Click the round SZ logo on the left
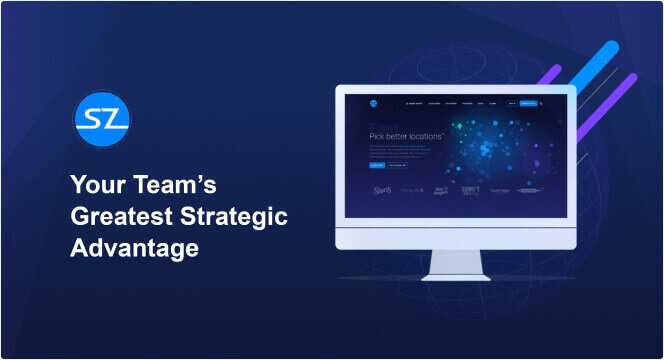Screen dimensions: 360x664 (102, 122)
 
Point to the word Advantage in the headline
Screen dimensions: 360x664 (134, 249)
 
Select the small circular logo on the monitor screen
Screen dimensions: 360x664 (372, 102)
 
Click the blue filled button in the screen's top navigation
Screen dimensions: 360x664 (528, 102)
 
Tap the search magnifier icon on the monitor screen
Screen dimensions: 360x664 (542, 102)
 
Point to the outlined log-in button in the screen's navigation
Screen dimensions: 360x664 (512, 102)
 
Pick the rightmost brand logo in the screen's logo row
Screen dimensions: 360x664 (530, 189)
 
